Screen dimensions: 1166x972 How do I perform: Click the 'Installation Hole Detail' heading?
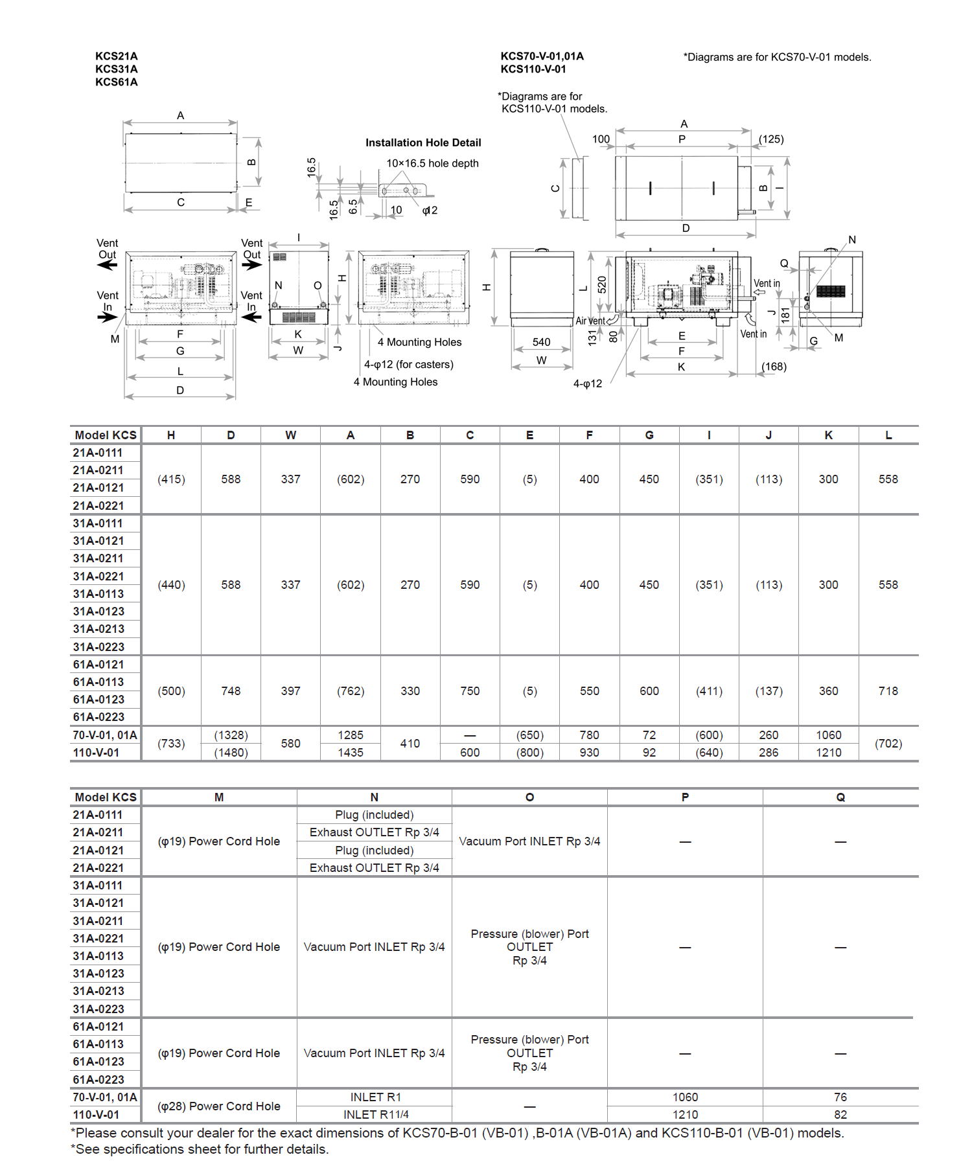click(x=423, y=143)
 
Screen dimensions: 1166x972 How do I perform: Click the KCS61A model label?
click(x=117, y=82)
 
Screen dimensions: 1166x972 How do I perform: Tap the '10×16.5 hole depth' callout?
click(x=432, y=163)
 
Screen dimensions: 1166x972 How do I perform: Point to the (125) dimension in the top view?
click(x=771, y=139)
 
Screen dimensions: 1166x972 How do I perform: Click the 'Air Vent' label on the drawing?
click(x=590, y=321)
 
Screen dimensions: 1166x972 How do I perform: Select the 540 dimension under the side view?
click(x=542, y=342)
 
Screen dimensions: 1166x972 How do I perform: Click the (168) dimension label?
click(x=774, y=367)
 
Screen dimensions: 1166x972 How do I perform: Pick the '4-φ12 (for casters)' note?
click(x=409, y=365)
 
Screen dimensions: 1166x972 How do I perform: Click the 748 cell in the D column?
click(x=231, y=691)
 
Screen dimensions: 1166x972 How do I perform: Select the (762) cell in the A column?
click(x=351, y=691)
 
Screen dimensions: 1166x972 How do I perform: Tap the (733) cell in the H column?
click(x=171, y=744)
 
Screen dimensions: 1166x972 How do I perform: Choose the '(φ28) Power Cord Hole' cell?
click(x=219, y=1106)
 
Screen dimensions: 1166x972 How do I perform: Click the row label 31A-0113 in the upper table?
click(x=98, y=594)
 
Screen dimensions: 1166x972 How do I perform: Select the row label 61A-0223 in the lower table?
click(x=98, y=1080)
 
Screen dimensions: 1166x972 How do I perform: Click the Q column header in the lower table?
click(x=840, y=797)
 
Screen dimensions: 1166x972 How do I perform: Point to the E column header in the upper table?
click(x=529, y=435)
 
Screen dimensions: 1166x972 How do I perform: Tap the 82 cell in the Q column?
click(x=840, y=1115)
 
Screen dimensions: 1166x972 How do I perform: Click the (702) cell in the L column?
click(x=888, y=744)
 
